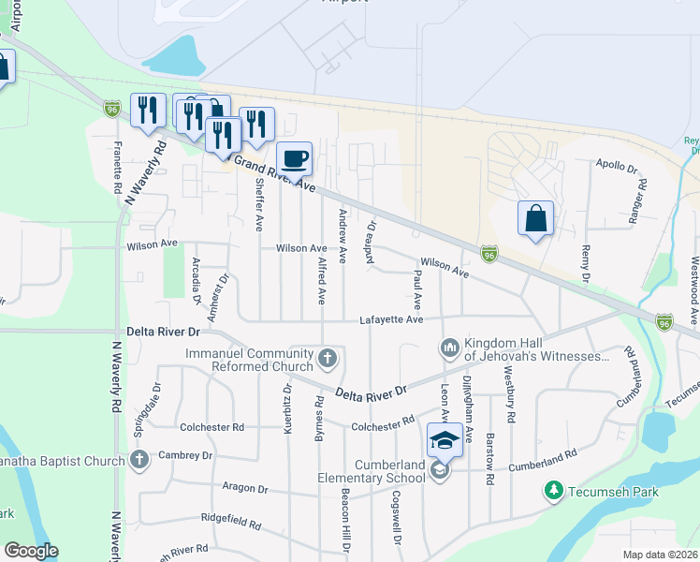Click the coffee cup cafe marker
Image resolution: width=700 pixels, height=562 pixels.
click(x=294, y=157)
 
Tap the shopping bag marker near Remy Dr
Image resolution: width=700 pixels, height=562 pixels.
click(x=535, y=218)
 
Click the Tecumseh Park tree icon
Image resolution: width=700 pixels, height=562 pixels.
click(x=554, y=490)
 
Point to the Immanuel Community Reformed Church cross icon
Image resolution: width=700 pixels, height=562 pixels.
click(x=328, y=358)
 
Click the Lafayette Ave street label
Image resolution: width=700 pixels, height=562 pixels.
click(x=392, y=320)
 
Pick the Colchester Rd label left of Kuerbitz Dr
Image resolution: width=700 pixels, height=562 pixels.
click(x=212, y=426)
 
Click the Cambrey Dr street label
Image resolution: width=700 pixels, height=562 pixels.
click(x=186, y=455)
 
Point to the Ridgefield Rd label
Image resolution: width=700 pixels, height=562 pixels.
click(x=229, y=516)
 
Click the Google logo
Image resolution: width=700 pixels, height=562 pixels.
click(x=30, y=551)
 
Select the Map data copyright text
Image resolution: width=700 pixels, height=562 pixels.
click(x=661, y=555)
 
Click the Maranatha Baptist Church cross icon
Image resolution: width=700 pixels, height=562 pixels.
click(x=139, y=460)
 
